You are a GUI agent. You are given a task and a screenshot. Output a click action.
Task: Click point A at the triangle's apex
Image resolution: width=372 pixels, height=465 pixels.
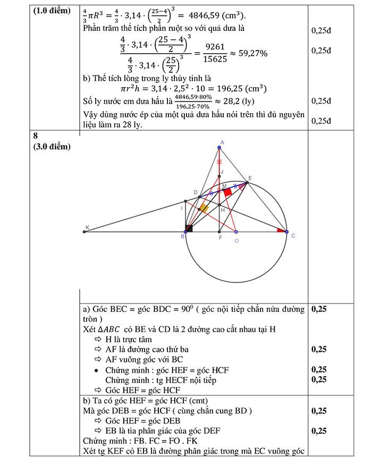click(x=220, y=147)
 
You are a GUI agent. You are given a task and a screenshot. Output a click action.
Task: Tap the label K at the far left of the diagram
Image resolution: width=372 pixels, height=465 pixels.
click(x=88, y=227)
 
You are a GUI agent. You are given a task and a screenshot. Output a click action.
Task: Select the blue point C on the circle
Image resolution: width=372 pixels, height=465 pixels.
click(x=286, y=232)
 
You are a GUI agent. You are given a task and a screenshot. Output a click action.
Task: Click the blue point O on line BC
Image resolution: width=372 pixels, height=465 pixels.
click(x=236, y=232)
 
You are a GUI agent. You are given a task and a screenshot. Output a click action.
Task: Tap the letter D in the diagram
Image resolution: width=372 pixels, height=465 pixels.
click(x=196, y=192)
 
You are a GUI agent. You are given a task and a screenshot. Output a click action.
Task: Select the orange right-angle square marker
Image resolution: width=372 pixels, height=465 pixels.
click(x=204, y=208)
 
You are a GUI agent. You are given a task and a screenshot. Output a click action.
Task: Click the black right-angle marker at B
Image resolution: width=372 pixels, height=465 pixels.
click(x=188, y=229)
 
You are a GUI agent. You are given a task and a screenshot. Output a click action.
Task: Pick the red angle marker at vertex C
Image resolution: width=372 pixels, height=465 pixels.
click(x=280, y=230)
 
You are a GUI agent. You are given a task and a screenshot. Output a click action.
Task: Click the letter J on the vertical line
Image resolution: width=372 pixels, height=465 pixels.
click(x=223, y=171)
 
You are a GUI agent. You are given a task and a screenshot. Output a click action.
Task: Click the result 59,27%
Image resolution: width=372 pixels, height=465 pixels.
click(x=249, y=54)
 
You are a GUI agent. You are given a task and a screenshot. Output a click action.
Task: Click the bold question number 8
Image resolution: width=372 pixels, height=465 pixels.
click(x=36, y=136)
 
